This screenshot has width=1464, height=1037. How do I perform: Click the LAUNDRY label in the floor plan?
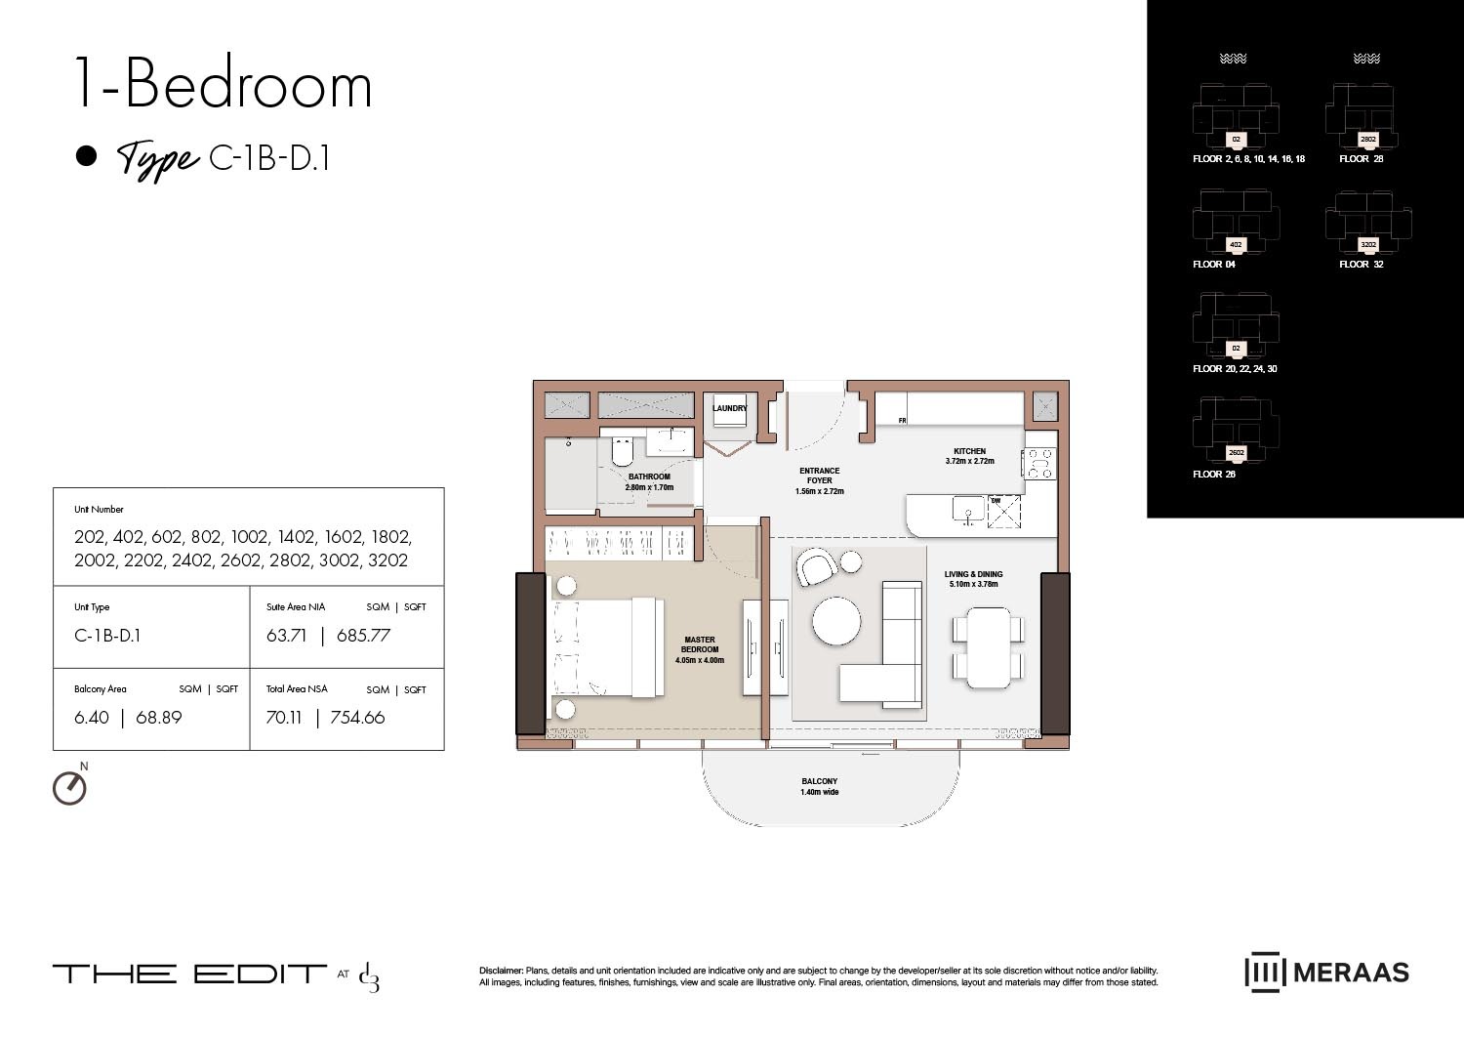click(729, 408)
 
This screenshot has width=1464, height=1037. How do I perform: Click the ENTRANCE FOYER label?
click(819, 476)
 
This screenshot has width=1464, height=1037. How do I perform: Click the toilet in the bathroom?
click(621, 453)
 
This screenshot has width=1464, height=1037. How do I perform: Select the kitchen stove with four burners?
click(1038, 463)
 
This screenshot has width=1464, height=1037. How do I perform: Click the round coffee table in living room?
click(836, 621)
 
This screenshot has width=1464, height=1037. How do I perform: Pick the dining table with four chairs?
click(989, 645)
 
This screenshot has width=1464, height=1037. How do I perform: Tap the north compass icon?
click(69, 787)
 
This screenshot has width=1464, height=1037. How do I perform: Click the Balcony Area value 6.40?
click(92, 718)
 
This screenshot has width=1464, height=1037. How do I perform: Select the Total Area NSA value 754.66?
click(357, 718)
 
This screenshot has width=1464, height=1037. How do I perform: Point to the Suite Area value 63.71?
click(286, 636)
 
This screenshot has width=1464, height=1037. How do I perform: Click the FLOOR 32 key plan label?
click(1361, 265)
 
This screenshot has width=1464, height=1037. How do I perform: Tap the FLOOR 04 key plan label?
click(1213, 265)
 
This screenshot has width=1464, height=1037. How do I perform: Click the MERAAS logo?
click(1326, 973)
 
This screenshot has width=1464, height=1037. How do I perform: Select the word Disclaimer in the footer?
click(501, 971)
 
